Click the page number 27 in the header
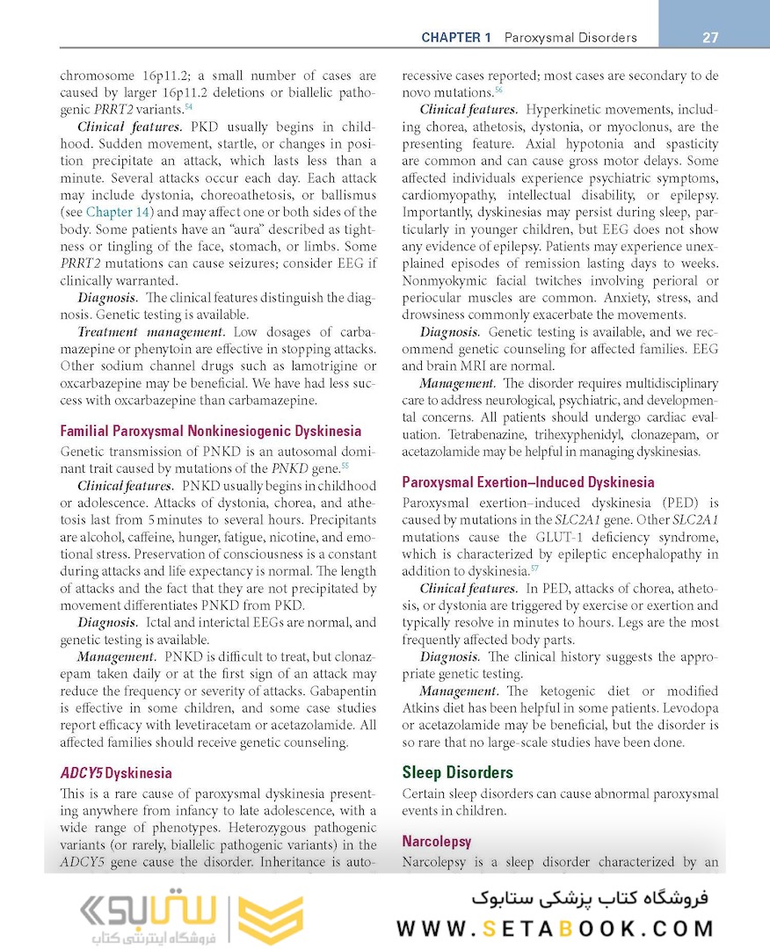point(710,38)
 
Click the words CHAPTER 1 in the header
point(456,38)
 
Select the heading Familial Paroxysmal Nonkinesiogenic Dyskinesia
point(210,431)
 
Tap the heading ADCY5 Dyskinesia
point(115,773)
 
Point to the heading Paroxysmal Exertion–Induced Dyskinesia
point(527,482)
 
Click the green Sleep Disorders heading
point(457,772)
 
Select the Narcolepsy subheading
point(437,842)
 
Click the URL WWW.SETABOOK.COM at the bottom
point(556,929)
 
